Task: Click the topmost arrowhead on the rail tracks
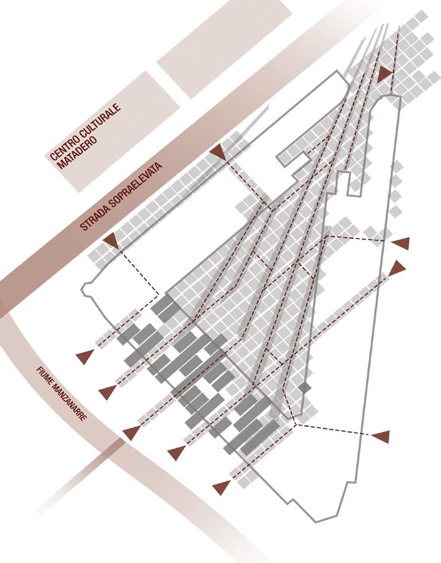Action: pyautogui.click(x=385, y=74)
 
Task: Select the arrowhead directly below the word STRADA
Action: pyautogui.click(x=111, y=240)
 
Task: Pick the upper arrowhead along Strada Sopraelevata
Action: pyautogui.click(x=218, y=152)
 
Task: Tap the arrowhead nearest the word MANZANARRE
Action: pyautogui.click(x=107, y=392)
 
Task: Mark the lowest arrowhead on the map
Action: pyautogui.click(x=221, y=487)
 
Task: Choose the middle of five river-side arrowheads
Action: pyautogui.click(x=132, y=433)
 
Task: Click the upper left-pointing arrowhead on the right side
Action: pyautogui.click(x=401, y=243)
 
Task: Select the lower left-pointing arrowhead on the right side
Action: pyautogui.click(x=381, y=436)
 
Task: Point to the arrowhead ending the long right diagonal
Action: pyautogui.click(x=398, y=268)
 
